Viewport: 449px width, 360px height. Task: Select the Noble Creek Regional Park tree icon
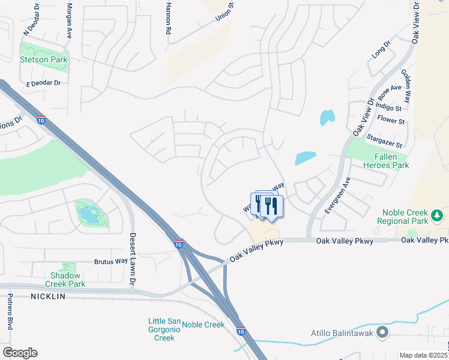coord(438,215)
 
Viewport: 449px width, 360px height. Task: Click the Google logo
coord(20,353)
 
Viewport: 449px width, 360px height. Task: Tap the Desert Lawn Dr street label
coord(133,259)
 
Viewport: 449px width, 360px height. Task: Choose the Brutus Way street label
coord(111,262)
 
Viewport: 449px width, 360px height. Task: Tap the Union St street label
coord(224,15)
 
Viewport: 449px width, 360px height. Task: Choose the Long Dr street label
coord(381,49)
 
